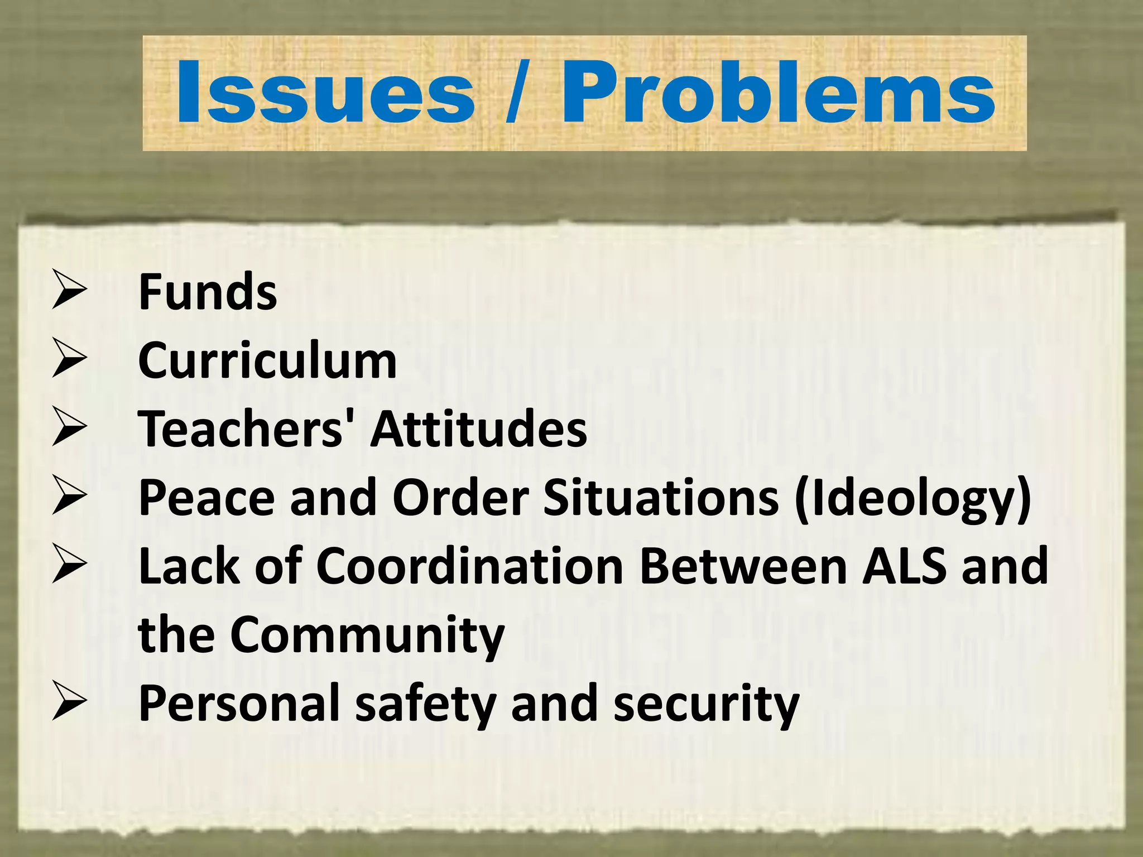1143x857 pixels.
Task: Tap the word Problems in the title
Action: point(778,92)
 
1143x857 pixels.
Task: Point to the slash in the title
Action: point(517,92)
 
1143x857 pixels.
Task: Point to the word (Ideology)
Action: point(913,498)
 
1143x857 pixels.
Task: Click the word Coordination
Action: point(470,566)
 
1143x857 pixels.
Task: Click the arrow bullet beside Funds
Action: point(69,290)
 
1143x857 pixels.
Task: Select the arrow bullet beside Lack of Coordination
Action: point(69,565)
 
